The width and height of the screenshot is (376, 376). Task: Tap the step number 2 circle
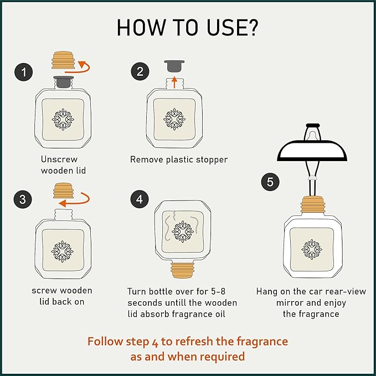tap(139, 71)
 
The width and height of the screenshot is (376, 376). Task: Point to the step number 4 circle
tap(139, 199)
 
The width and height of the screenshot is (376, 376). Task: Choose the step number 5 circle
tap(270, 182)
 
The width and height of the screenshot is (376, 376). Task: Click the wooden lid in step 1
tap(62, 60)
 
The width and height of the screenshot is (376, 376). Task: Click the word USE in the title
tap(225, 28)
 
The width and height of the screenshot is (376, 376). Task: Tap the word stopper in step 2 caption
tap(211, 159)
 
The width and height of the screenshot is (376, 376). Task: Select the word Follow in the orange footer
tap(106, 341)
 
